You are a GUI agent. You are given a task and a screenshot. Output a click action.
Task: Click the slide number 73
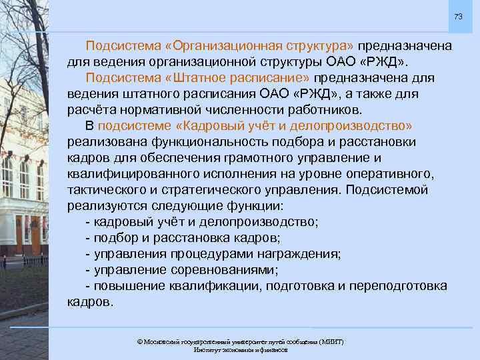click(458, 16)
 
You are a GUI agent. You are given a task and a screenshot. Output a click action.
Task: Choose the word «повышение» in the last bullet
click(125, 286)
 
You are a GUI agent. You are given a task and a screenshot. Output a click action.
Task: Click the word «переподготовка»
click(403, 286)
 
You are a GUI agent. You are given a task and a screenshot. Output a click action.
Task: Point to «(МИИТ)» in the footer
click(331, 341)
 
